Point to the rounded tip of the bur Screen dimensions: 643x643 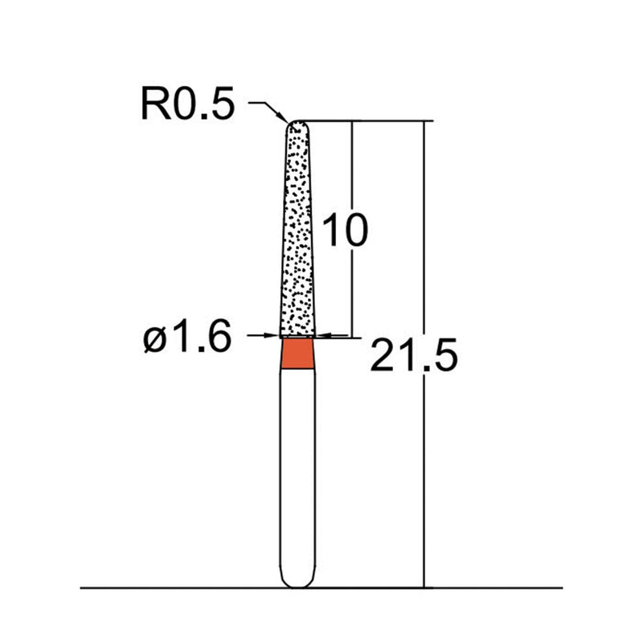[298, 125]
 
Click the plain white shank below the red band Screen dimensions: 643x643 [298, 466]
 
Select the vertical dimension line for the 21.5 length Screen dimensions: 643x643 [424, 241]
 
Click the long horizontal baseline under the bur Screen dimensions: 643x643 [161, 588]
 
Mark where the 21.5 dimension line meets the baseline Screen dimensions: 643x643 [424, 588]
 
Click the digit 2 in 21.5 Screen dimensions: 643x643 [382, 355]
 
